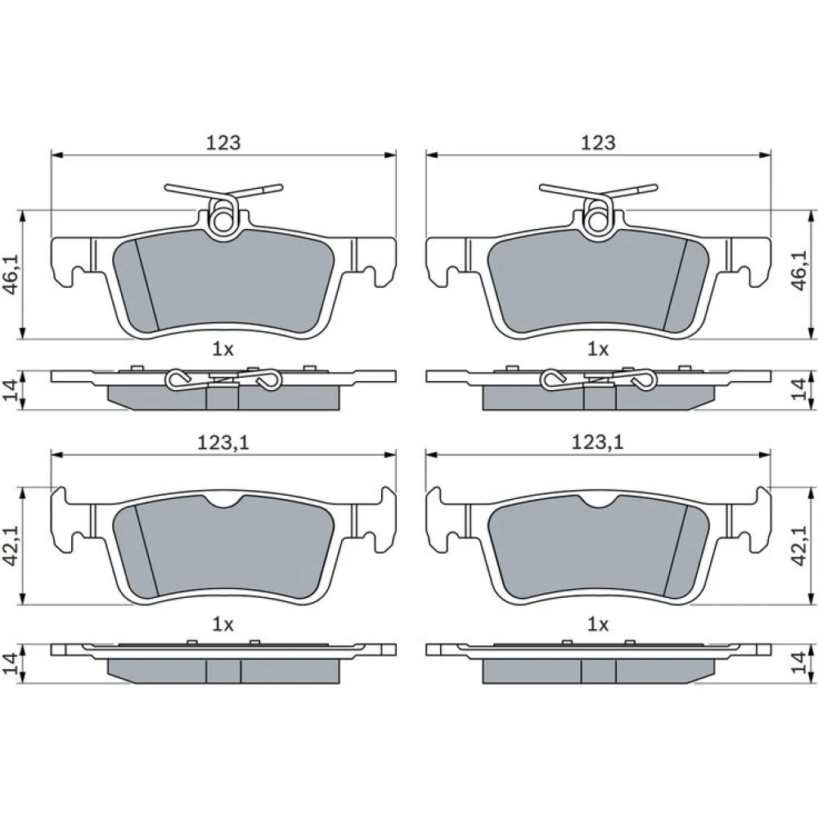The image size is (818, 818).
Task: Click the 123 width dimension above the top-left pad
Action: pos(223,142)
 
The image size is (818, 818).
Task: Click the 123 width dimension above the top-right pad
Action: pos(599,142)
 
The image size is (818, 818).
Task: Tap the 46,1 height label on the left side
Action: pos(12,274)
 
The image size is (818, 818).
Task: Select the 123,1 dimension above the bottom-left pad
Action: pos(223,443)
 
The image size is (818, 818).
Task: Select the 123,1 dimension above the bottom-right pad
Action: pos(598,443)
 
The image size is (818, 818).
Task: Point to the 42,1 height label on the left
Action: pos(12,546)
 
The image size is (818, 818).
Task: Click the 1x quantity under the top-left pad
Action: pos(222,349)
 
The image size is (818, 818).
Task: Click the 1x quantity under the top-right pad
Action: pos(598,349)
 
